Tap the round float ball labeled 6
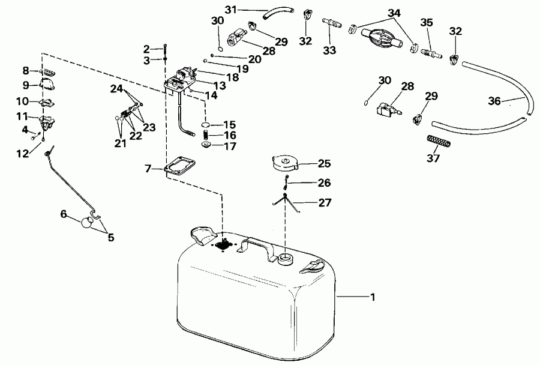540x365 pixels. point(88,223)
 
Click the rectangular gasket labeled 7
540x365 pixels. point(179,165)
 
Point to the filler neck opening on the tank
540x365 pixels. point(284,259)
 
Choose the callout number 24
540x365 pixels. point(116,89)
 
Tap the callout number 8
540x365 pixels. point(26,70)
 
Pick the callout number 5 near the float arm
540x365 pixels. point(110,237)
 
